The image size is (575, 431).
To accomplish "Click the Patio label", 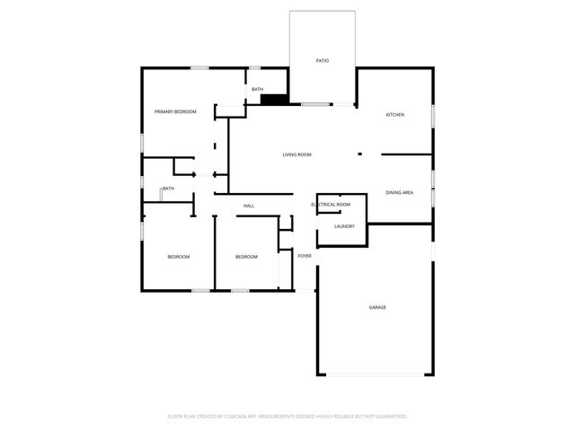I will point(322,61).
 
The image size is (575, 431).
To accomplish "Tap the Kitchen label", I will point(395,115).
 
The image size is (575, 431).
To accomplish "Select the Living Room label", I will point(296,155).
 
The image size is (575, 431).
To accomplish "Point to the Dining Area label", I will point(400,193).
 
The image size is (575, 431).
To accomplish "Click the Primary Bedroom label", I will point(175,111).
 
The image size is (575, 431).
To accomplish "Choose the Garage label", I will point(377,308).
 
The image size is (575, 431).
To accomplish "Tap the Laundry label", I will point(344,226).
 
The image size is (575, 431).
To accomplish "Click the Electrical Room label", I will point(331,205).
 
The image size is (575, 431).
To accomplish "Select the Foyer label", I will point(305,257).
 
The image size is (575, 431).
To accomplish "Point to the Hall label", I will point(249,207).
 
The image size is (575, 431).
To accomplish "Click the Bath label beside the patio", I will point(257,90).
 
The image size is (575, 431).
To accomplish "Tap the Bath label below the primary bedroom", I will point(168,189).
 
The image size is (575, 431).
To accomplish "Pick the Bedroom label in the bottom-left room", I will point(178,258).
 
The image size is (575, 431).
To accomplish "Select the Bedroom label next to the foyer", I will point(246,258).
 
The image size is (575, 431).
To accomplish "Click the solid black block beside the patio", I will point(273,100).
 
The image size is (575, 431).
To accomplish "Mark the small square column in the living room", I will point(359,154).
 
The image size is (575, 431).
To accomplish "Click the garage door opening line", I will point(376,374).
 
